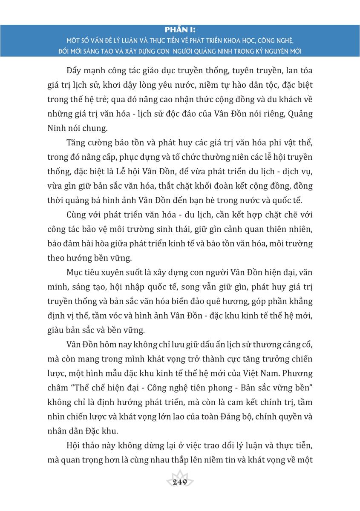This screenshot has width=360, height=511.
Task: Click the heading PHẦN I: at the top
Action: coord(180,30)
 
